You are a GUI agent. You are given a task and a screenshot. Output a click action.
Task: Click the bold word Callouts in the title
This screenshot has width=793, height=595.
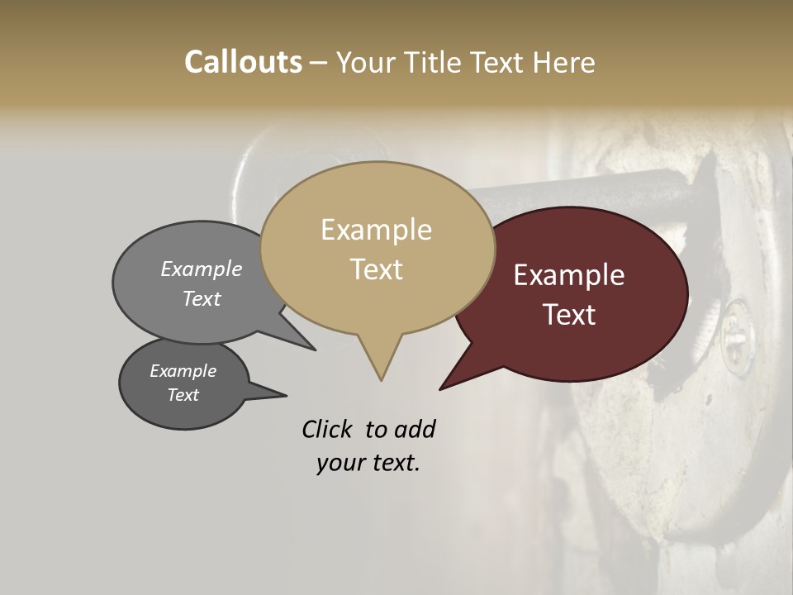(243, 62)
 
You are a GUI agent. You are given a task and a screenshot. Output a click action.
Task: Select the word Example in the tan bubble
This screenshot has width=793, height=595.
(376, 230)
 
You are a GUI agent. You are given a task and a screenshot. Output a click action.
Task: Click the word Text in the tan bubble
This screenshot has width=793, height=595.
(376, 269)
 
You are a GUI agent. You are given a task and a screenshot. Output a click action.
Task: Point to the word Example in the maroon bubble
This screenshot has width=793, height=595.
(569, 275)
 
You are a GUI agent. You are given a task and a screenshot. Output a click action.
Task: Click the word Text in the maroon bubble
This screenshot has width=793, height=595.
(569, 315)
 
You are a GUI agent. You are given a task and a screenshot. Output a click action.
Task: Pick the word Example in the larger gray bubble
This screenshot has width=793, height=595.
(202, 269)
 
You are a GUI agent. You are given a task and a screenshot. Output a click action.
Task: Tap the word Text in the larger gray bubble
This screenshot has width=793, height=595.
(202, 298)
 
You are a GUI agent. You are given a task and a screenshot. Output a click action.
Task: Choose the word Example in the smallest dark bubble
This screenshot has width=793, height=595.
(183, 371)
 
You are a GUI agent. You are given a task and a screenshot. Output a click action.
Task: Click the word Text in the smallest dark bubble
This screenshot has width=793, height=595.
(183, 395)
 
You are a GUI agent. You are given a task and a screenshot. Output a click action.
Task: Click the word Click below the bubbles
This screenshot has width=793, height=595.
(329, 429)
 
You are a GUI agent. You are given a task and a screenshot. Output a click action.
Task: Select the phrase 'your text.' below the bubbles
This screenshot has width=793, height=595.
(368, 464)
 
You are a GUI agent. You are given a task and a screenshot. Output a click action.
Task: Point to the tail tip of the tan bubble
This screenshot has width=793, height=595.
(381, 380)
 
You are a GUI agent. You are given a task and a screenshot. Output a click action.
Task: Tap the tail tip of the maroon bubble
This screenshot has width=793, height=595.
(440, 389)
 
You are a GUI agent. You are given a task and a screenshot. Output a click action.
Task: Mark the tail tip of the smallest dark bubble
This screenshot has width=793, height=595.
(286, 395)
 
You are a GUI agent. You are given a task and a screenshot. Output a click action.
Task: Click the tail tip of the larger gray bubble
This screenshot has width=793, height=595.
(316, 350)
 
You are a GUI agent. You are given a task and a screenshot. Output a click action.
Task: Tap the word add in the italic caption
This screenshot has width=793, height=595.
(415, 429)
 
